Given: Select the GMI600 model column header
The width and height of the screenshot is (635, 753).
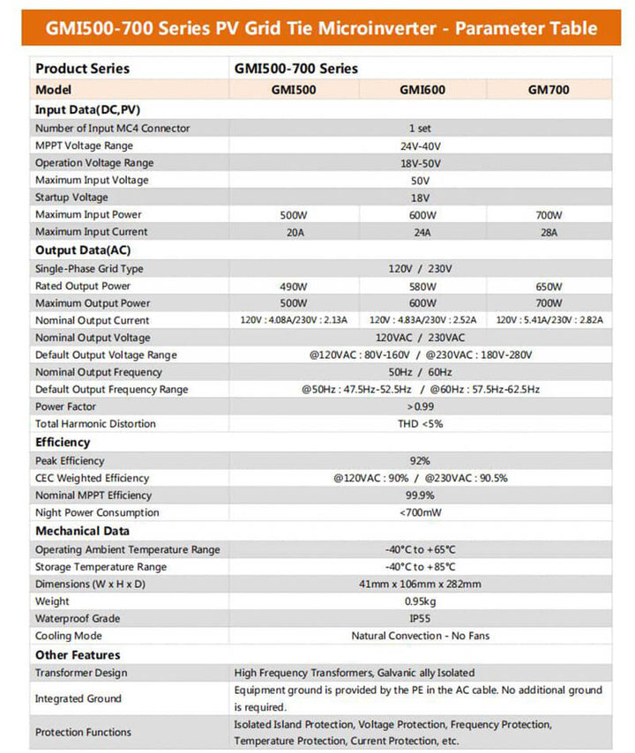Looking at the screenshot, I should click(421, 90).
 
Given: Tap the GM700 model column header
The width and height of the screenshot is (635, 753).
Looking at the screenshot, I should click(549, 90).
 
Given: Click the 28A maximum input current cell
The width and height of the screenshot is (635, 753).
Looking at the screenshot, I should click(549, 232).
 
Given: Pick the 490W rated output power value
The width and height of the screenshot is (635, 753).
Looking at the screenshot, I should click(295, 287).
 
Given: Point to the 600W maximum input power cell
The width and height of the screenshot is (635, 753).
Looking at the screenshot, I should click(421, 215).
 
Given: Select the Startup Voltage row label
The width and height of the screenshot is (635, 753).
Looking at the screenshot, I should click(71, 198).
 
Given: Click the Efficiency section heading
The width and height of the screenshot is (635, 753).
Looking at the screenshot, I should click(63, 443).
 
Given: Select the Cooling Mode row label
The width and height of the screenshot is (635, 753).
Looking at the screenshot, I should click(69, 636).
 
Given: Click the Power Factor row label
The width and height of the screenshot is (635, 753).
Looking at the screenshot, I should click(65, 406).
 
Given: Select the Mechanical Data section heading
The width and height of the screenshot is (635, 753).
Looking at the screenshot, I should click(82, 531).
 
